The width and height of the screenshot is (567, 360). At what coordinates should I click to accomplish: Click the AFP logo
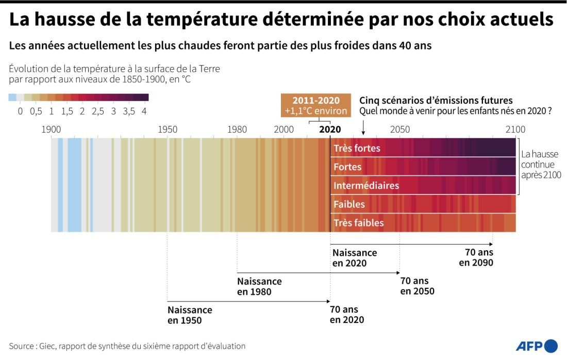pos(537,346)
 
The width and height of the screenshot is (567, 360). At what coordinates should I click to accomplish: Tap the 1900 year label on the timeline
pos(51,129)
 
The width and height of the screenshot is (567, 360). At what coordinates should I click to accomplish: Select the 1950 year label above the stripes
pos(168,129)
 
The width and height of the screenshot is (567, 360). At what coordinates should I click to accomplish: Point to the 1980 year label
pos(237,129)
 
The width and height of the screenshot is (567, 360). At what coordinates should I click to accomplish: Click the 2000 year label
pos(284,129)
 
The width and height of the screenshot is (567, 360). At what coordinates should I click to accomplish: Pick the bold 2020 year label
pos(330,129)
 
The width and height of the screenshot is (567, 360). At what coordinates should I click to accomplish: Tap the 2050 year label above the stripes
pos(400,129)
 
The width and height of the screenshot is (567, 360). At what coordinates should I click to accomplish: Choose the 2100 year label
pos(515,129)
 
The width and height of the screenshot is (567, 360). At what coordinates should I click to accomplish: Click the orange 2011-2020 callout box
pos(316,106)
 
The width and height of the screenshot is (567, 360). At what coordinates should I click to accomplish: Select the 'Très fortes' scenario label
pos(357,149)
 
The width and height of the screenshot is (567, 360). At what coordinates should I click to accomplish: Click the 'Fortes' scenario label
pos(347,167)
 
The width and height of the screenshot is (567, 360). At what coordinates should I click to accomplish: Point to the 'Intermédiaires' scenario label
pos(366,186)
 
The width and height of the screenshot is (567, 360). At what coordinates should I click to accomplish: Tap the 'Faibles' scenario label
pos(349,204)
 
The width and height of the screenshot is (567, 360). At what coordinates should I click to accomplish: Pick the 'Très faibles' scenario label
pos(358,223)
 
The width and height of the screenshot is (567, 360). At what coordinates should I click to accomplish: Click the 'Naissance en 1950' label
pos(190,315)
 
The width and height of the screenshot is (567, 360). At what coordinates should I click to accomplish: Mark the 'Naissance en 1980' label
pos(259,286)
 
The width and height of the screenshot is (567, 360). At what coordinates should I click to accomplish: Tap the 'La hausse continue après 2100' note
pos(541,165)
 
